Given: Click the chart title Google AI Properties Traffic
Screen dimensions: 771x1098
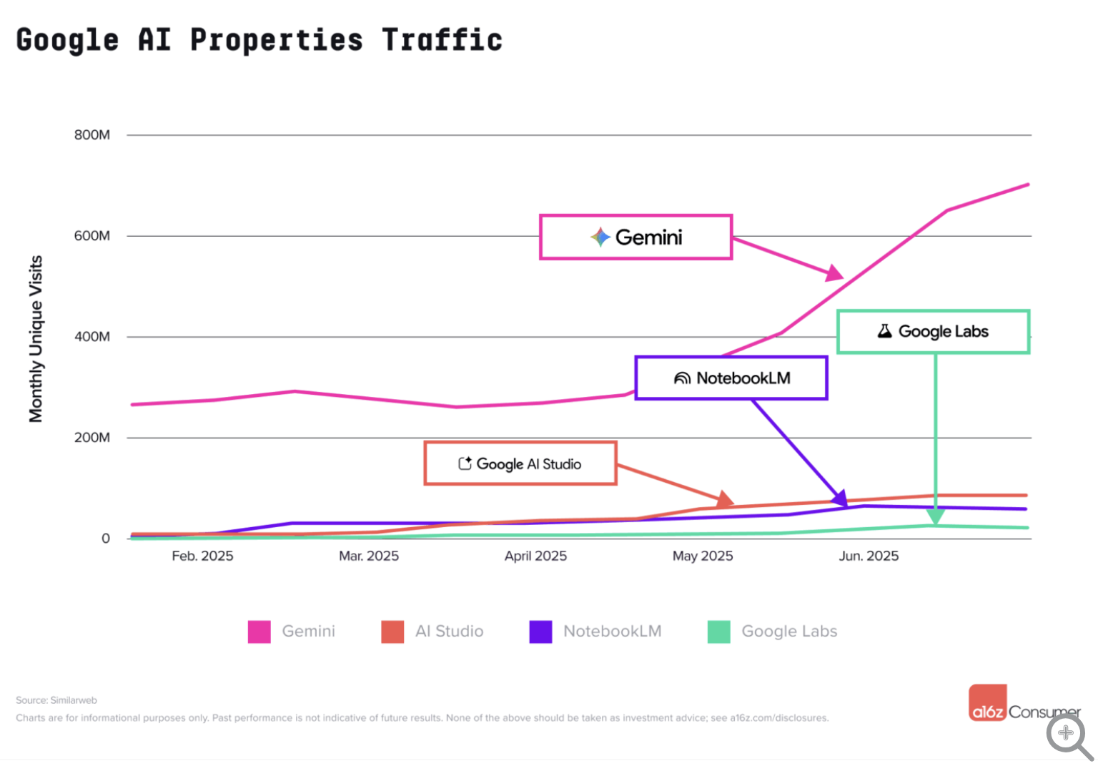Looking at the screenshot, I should [259, 40].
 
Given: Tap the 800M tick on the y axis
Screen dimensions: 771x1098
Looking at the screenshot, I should [92, 135].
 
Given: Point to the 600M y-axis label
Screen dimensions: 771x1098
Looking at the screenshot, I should [92, 236].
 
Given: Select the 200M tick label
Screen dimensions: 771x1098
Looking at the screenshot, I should [92, 438].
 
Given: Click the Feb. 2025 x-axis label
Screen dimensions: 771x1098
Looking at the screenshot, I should [202, 556].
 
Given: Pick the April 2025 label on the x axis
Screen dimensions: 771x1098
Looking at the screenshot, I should [535, 556].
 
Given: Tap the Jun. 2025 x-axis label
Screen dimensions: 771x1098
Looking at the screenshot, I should [869, 556].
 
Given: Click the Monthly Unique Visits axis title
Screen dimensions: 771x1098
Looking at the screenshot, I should [36, 339].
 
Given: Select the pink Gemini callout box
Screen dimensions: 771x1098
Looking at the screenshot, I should [635, 237].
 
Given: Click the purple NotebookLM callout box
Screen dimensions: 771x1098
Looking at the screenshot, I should [731, 378].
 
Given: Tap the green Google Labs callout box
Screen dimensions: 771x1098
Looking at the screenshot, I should [933, 331].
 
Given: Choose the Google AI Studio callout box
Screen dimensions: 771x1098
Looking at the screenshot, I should [520, 463].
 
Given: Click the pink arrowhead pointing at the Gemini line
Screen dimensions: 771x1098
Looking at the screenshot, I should [835, 273].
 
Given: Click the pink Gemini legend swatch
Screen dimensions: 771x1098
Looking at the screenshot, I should [259, 632].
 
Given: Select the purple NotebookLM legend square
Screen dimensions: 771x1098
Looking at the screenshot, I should [540, 632].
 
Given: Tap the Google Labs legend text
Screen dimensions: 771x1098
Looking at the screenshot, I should [789, 632].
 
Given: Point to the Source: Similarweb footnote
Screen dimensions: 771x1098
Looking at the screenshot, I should [56, 700].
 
